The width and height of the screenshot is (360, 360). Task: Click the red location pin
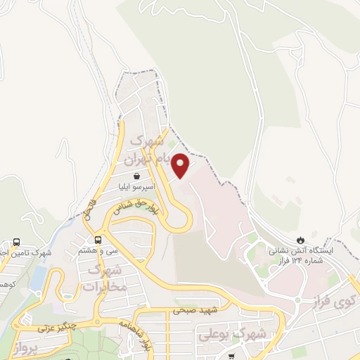pos(181,165)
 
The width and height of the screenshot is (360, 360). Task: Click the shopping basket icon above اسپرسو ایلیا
pos(136,176)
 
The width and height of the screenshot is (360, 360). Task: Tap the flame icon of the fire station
pos(303,239)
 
